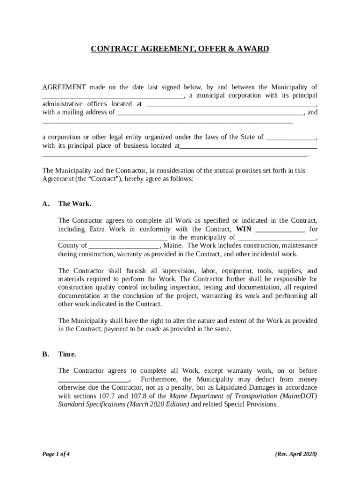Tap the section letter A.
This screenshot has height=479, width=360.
click(x=45, y=204)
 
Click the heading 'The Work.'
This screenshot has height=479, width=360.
click(x=75, y=204)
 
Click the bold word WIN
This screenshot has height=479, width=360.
click(x=244, y=229)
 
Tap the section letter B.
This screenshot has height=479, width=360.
click(x=45, y=355)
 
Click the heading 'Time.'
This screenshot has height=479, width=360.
click(x=67, y=355)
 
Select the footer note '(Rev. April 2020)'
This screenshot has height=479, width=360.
click(x=296, y=454)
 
